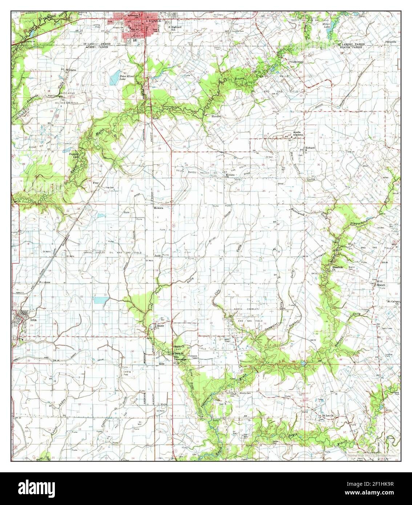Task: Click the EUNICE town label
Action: coord(152,21)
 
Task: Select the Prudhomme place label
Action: coord(297,62)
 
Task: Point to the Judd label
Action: coord(158,256)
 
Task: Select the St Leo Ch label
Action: coord(326,416)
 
